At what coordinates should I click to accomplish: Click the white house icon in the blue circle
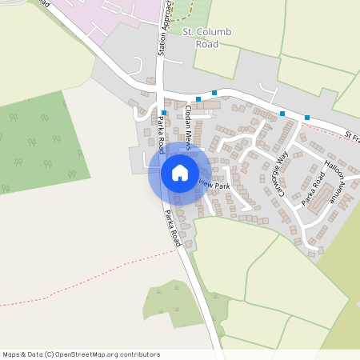179,173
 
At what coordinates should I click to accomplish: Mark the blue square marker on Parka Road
163,113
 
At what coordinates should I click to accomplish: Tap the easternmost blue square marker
307,118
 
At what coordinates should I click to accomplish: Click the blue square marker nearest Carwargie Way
282,114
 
